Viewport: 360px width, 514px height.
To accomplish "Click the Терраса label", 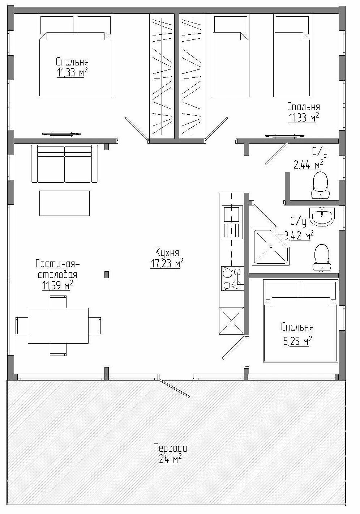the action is [x=170, y=448].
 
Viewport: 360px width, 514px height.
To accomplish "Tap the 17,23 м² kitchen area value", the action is [x=167, y=263].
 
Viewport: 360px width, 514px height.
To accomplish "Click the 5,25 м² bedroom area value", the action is [x=298, y=341].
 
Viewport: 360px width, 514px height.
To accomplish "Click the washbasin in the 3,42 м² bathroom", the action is [x=322, y=216].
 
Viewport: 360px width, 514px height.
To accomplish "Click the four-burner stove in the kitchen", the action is [x=232, y=278].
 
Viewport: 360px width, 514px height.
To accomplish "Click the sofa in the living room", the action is [x=64, y=163].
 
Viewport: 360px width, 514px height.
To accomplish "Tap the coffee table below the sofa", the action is [x=64, y=203].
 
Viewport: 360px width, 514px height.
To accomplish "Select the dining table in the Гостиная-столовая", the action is [x=58, y=326].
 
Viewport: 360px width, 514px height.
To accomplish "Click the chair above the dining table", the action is [x=58, y=302].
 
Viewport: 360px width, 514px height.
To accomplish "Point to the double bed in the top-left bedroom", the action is [x=76, y=55].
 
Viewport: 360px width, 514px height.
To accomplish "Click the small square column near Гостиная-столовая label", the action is [x=106, y=275].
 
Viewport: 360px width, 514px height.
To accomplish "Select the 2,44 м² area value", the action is [x=309, y=164].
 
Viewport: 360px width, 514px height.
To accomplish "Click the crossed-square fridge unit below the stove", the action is [x=231, y=321].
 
